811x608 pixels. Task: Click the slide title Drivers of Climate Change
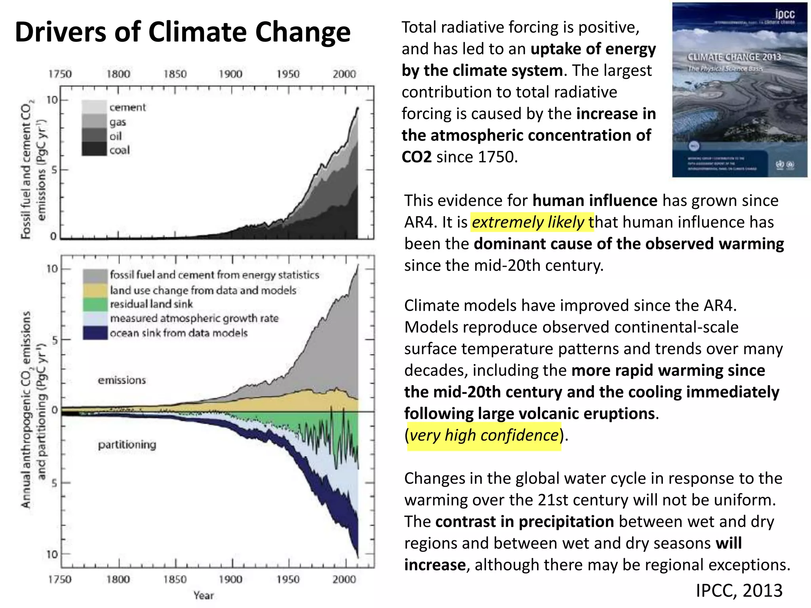point(183,32)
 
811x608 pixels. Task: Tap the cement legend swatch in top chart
point(94,107)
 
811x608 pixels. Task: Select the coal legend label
point(120,150)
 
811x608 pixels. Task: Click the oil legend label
point(116,137)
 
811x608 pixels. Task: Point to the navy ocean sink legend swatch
point(95,333)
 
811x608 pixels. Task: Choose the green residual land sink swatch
point(95,304)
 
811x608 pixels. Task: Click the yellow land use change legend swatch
point(95,290)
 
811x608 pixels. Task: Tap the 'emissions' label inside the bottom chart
point(122,380)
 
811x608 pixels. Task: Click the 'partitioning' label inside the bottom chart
point(127,445)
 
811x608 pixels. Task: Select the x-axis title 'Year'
point(204,595)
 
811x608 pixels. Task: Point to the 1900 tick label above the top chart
point(230,74)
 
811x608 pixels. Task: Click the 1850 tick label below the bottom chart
point(175,579)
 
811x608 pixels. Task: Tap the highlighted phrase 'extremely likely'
point(528,222)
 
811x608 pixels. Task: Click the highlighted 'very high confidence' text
point(484,435)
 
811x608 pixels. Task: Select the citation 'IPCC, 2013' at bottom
point(739,591)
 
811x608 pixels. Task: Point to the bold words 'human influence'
point(595,201)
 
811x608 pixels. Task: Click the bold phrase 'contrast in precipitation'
point(524,522)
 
